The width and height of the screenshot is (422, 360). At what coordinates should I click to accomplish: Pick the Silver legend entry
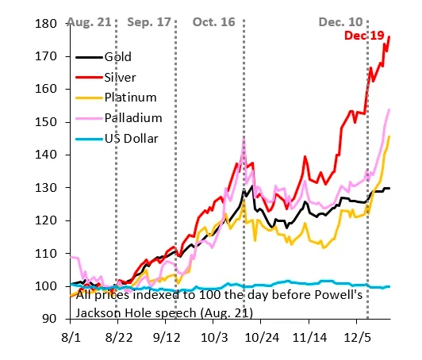pyautogui.click(x=120, y=78)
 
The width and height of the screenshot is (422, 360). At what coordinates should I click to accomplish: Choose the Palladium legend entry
pyautogui.click(x=132, y=118)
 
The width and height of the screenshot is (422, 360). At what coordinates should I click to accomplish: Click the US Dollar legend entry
pyautogui.click(x=131, y=139)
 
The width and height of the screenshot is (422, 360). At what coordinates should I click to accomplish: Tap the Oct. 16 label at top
pyautogui.click(x=214, y=21)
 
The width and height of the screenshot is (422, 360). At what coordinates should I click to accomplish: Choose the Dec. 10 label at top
pyautogui.click(x=341, y=21)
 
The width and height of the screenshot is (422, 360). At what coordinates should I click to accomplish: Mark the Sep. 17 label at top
pyautogui.click(x=150, y=21)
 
